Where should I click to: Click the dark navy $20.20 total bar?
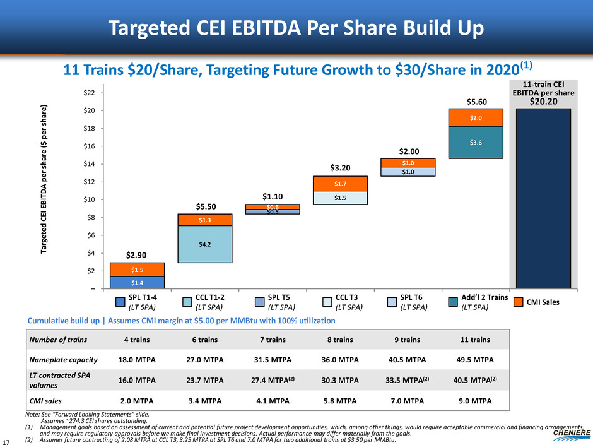544,199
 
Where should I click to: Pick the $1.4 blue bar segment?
137,282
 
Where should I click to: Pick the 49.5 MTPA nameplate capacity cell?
475,360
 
